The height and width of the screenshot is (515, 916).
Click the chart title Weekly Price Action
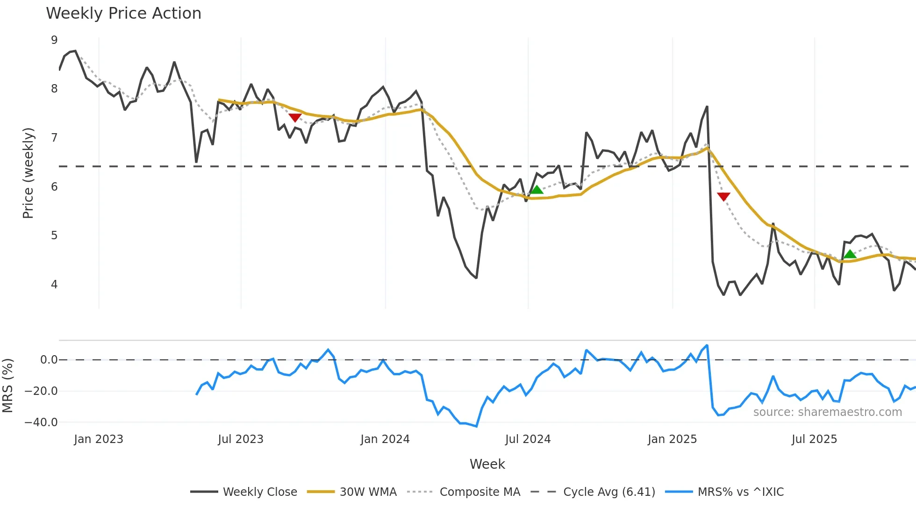tap(123, 14)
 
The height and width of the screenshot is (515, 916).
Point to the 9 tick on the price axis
tap(54, 40)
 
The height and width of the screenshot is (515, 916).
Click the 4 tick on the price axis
tap(54, 284)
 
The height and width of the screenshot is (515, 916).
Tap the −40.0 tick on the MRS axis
tap(41, 422)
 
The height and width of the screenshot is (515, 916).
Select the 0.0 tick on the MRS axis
tap(49, 360)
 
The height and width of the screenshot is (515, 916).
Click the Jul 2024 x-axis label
tap(528, 439)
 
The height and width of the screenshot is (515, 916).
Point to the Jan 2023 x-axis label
tap(99, 439)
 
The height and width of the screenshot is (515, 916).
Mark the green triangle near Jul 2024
tap(537, 190)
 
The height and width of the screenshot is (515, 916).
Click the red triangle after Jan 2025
tap(723, 196)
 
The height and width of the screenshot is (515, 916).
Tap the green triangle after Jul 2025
tap(850, 254)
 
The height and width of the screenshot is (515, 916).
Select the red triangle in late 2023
tap(295, 117)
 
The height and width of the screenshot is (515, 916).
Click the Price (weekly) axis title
tap(28, 173)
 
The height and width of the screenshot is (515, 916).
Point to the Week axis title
tap(487, 464)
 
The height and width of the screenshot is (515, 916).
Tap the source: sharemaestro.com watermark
tap(827, 412)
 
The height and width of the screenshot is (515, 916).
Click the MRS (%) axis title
tap(8, 386)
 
